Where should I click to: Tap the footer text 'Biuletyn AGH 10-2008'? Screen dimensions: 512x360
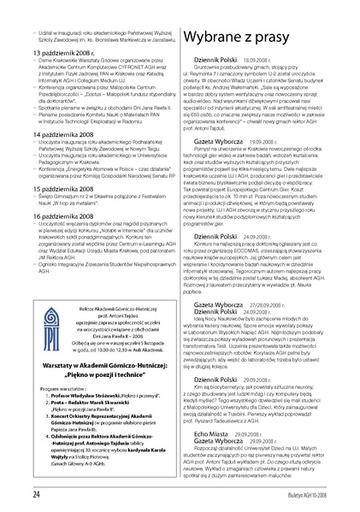(321, 494)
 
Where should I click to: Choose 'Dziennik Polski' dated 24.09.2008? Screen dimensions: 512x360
(220, 212)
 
